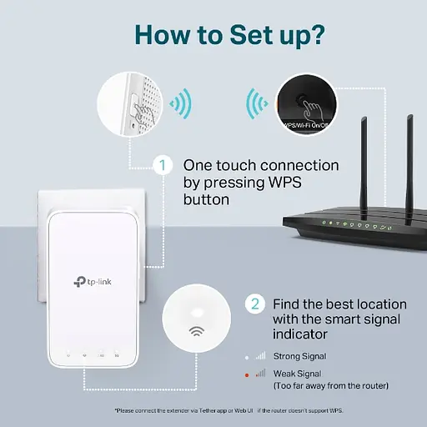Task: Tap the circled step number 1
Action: pos(165,165)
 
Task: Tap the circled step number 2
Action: pos(254,302)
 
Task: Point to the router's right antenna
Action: pos(409,163)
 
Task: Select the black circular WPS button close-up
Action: pos(306,104)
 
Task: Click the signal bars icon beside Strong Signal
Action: pos(261,356)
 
